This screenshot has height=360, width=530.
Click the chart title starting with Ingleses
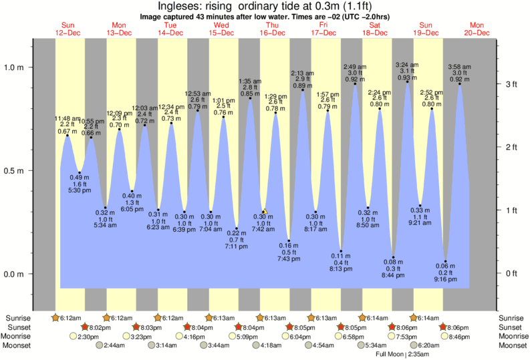pos(265,7)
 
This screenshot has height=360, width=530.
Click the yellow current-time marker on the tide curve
pos(265,212)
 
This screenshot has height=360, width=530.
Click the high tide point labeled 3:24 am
pos(407,81)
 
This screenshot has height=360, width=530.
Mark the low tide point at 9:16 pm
pos(446,260)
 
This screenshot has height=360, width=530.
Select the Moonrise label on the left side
pos(19,337)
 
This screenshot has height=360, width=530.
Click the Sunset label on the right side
pos(511,327)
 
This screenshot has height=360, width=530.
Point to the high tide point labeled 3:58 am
pos(459,83)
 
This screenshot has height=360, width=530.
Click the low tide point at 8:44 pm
pos(394,256)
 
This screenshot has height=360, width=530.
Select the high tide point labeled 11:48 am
pos(67,136)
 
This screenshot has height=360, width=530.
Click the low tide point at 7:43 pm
pos(289,240)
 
